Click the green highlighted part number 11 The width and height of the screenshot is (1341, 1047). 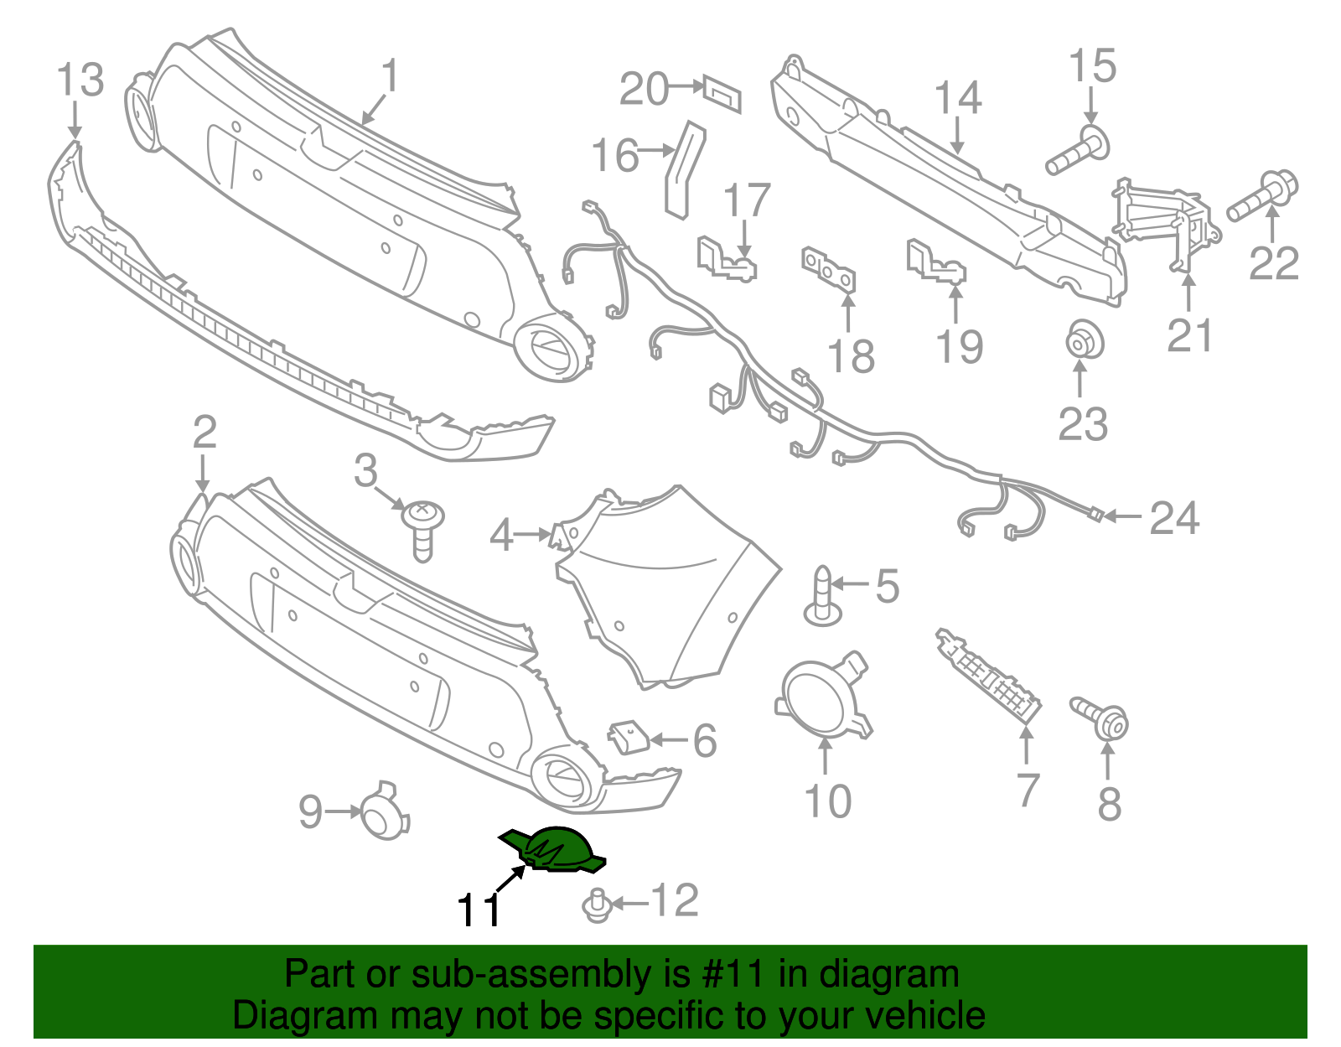[x=555, y=847]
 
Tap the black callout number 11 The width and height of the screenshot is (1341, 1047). [x=479, y=910]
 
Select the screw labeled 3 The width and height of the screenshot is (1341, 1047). [x=423, y=526]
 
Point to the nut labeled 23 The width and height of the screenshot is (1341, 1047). [x=1083, y=341]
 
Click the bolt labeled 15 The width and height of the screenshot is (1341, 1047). [x=1079, y=151]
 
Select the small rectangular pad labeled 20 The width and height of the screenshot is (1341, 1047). [x=722, y=93]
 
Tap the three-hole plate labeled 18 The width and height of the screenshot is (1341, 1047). [x=828, y=270]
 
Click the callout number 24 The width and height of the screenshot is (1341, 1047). [x=1174, y=518]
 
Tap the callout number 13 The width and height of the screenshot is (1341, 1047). [x=80, y=80]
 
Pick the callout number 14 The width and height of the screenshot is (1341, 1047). [x=957, y=98]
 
